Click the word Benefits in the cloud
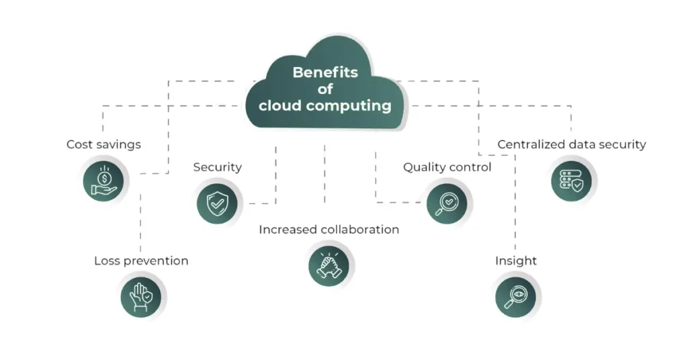[325, 73]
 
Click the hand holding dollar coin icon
[104, 180]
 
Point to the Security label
[217, 167]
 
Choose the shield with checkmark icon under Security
[217, 203]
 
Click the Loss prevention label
[141, 261]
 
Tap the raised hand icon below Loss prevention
[141, 296]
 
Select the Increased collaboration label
[329, 230]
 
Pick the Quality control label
[447, 167]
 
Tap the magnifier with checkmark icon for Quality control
[447, 202]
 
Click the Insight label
[516, 261]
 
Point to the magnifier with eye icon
[515, 296]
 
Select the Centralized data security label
[572, 144]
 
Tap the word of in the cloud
[325, 89]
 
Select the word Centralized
[531, 144]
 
